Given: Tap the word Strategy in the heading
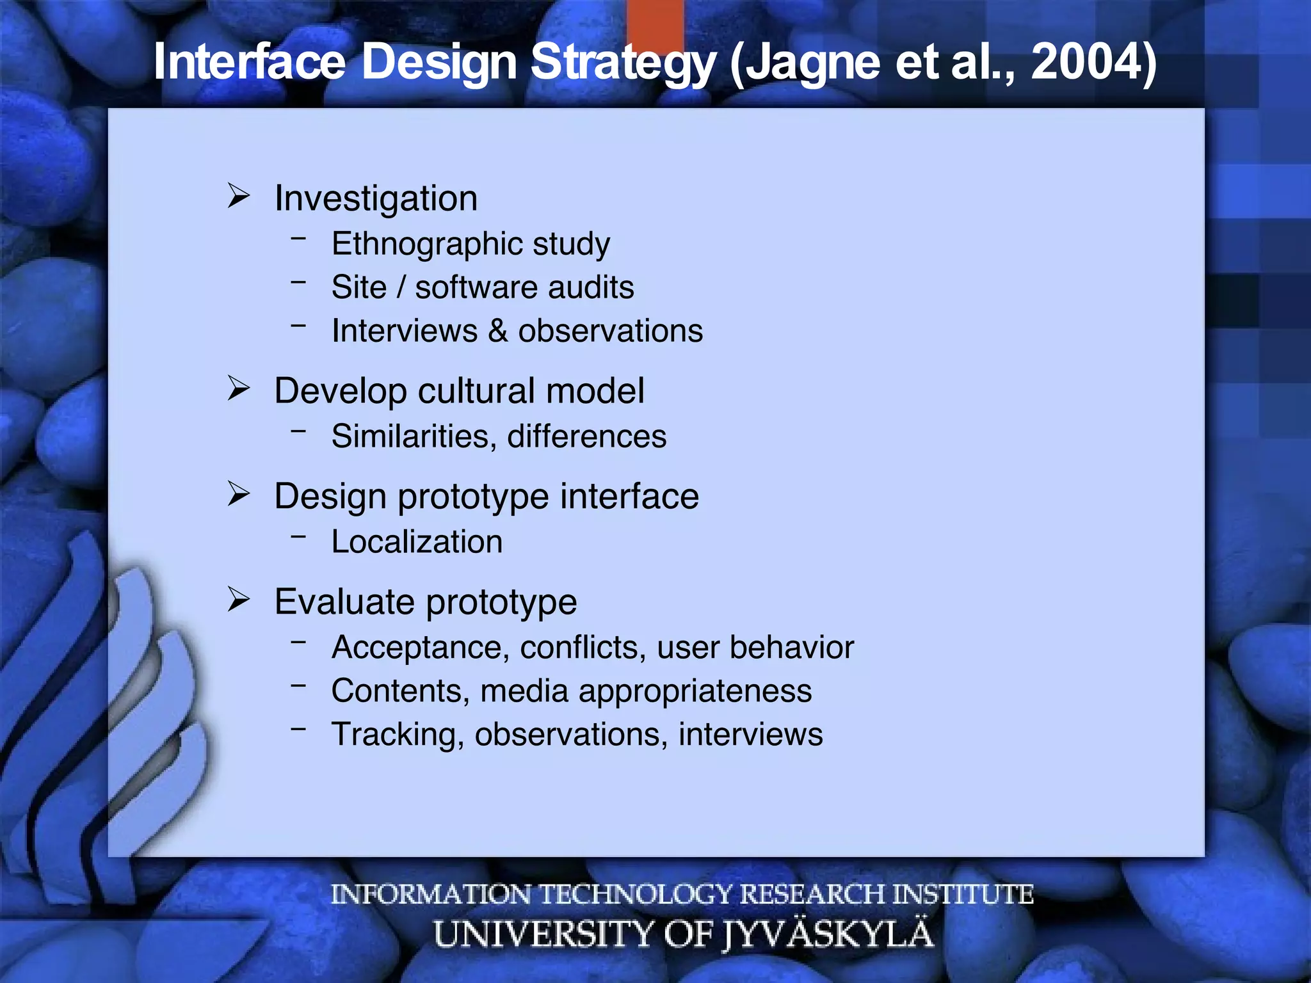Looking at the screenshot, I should (623, 62).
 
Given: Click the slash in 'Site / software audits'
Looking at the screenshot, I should (401, 287).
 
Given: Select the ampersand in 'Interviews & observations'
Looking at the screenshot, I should (497, 331).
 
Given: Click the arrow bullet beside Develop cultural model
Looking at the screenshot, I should (238, 388).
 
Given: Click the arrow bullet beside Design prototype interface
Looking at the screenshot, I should (238, 493).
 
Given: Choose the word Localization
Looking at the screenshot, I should (417, 542).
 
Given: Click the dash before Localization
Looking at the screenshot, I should (298, 537).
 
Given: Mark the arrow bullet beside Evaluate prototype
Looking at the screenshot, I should (238, 599).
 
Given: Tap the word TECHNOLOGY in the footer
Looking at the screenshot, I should (636, 894).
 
